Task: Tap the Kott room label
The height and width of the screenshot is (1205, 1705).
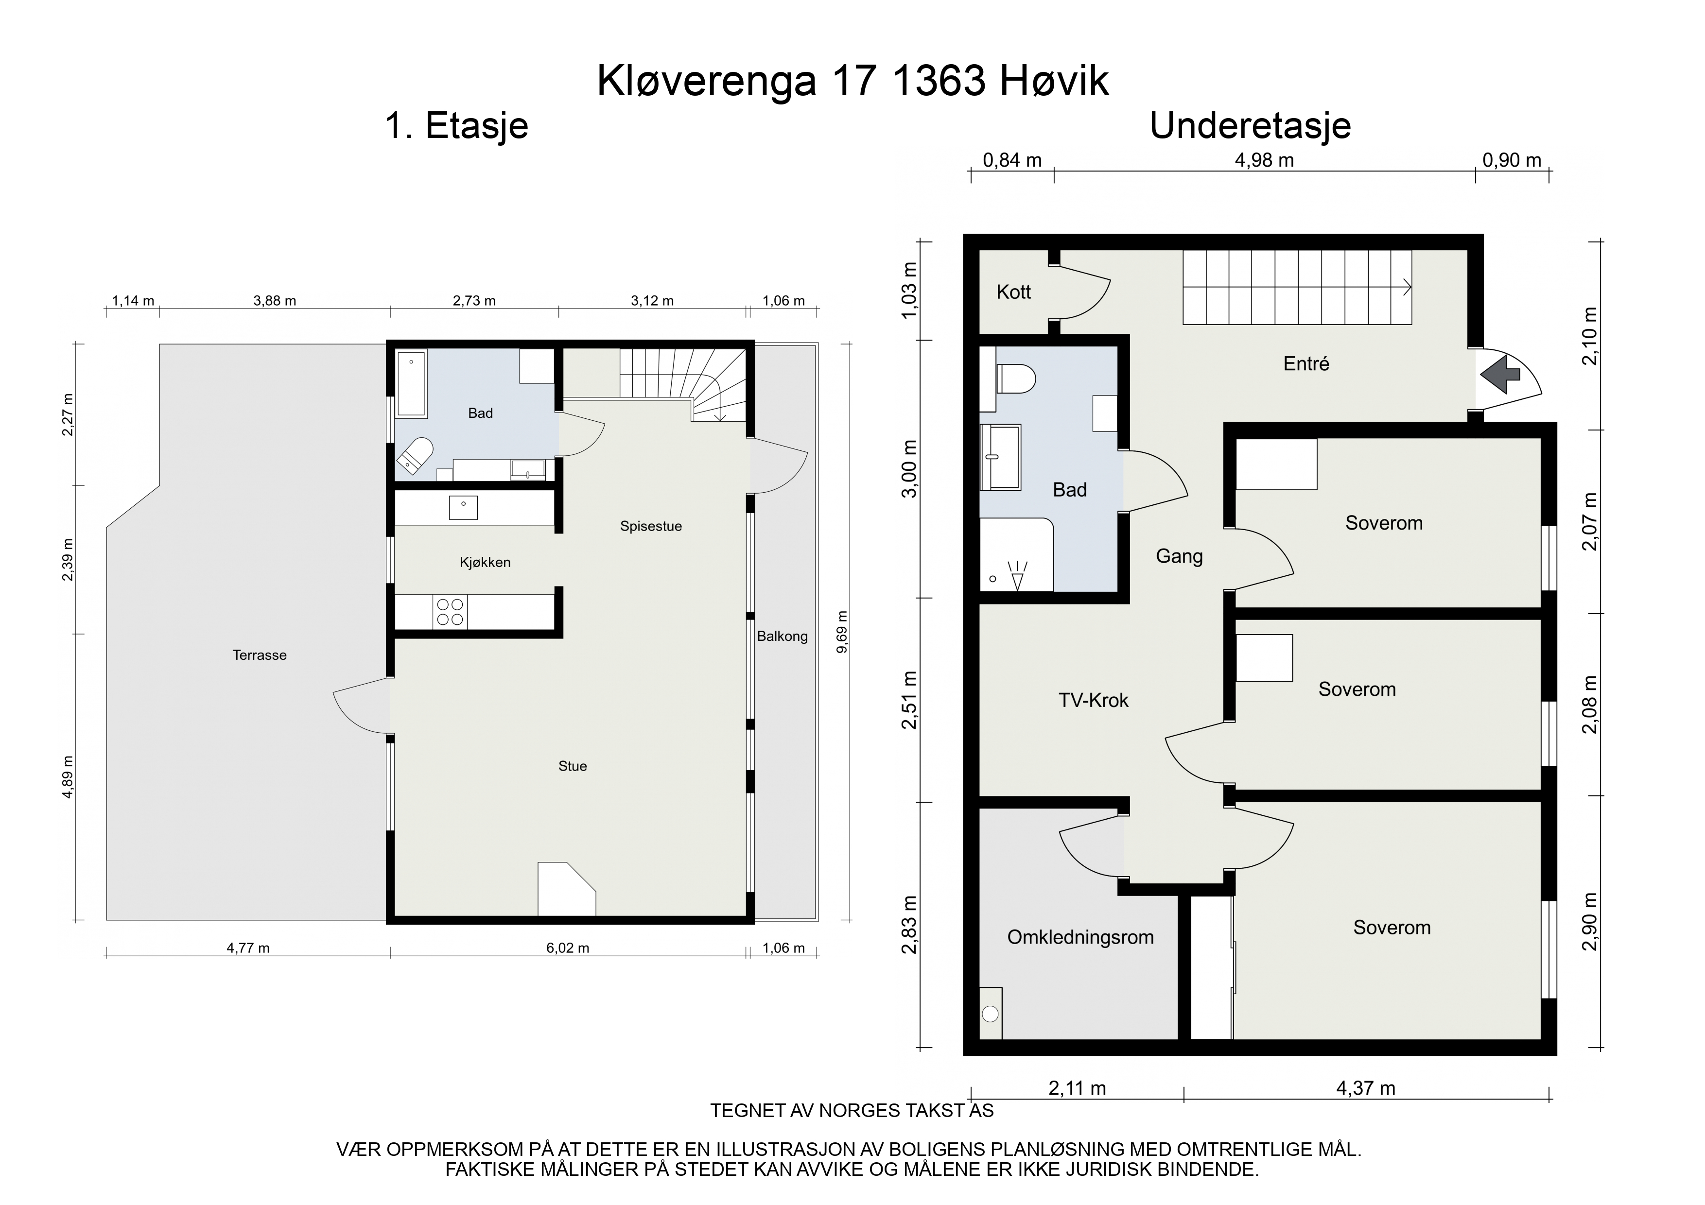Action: [x=1014, y=293]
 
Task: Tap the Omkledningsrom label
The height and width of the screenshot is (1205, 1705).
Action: [x=1080, y=938]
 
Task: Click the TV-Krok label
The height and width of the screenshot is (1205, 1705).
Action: [x=1093, y=700]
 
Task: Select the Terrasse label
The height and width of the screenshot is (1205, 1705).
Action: [x=259, y=655]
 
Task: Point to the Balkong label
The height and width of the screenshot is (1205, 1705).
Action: [x=782, y=637]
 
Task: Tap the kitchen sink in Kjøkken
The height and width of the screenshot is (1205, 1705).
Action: [x=463, y=508]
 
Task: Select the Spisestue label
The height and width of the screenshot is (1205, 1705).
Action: [x=650, y=526]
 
